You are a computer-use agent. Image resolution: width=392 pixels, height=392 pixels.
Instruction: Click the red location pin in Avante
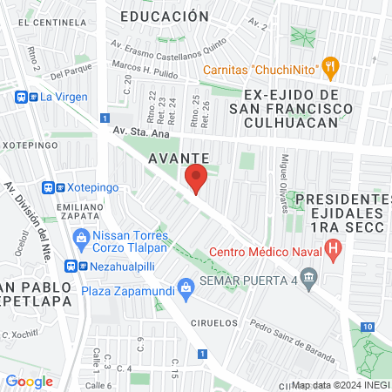(196, 179)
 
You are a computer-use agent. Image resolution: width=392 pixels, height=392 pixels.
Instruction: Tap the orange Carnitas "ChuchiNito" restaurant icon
(329, 65)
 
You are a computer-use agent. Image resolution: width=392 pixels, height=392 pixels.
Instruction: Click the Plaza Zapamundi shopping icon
(186, 286)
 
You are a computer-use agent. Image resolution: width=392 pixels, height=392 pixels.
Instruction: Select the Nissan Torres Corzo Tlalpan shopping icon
(81, 236)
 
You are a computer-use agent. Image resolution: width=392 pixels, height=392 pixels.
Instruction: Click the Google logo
(29, 381)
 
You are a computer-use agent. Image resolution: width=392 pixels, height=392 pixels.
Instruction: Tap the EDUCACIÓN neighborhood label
(165, 17)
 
